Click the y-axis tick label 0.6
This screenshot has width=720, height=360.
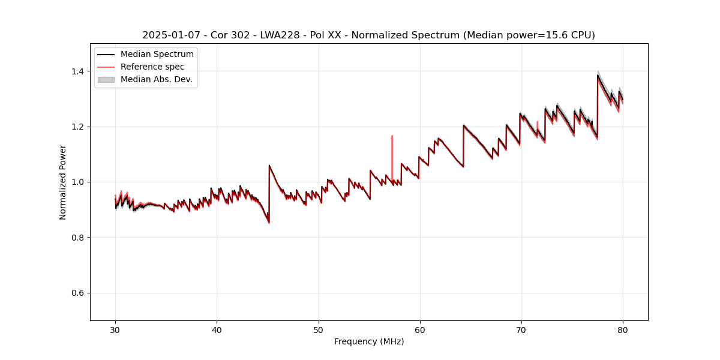(x=79, y=293)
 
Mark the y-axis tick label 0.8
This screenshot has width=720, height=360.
(x=79, y=238)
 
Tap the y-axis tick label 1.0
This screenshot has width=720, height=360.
(x=79, y=182)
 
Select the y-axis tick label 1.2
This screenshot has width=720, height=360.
(x=79, y=127)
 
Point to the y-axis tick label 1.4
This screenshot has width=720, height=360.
(x=79, y=71)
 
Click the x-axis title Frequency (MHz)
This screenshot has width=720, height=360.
(x=369, y=341)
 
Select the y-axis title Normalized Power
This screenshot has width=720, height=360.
(x=63, y=182)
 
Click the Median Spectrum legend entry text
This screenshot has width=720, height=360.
(x=157, y=55)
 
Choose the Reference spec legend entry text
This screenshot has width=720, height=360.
(x=152, y=67)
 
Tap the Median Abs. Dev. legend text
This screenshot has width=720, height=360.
(x=156, y=79)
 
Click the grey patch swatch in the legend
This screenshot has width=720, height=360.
(x=106, y=79)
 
